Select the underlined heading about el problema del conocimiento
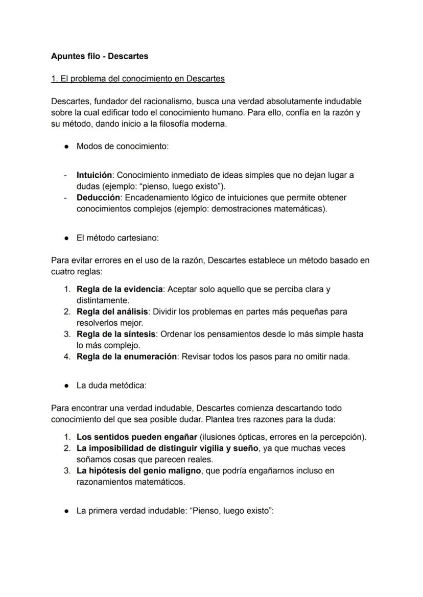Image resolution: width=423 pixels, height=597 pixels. (138, 79)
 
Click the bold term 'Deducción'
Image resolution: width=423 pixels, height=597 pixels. (98, 198)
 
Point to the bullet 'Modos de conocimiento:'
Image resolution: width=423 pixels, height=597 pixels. (122, 147)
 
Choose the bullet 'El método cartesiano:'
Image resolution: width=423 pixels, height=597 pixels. (118, 238)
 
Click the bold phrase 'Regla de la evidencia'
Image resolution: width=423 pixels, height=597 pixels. (120, 290)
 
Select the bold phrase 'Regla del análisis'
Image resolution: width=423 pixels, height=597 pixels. (112, 312)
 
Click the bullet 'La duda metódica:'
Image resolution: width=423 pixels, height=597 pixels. (111, 386)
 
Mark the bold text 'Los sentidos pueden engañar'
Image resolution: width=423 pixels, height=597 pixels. (137, 437)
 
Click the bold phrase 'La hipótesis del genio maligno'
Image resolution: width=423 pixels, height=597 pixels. (140, 471)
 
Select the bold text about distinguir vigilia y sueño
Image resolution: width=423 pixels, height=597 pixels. (168, 448)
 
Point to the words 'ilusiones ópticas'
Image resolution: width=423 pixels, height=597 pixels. (233, 437)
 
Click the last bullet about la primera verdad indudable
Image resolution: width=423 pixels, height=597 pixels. (175, 511)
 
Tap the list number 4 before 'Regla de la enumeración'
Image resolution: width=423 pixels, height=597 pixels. (67, 357)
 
